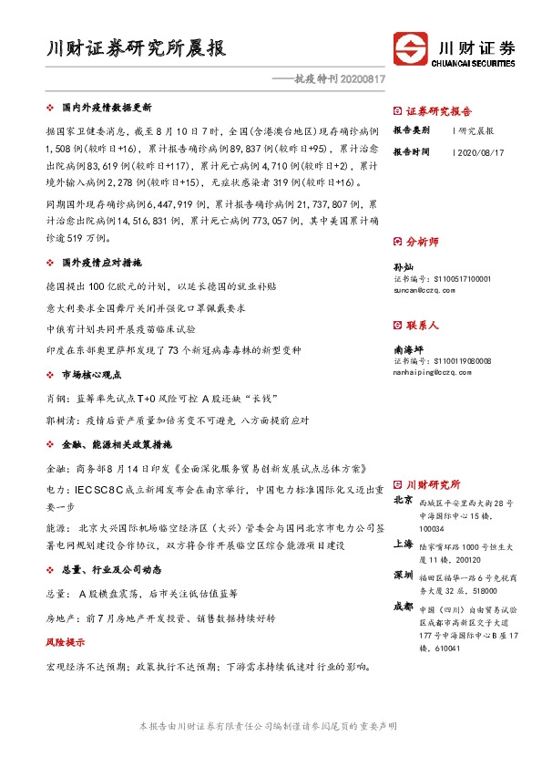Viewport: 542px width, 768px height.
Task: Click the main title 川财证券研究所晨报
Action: [x=136, y=48]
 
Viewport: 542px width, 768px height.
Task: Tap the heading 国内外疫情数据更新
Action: [x=99, y=107]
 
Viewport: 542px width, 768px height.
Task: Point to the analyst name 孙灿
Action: [x=403, y=266]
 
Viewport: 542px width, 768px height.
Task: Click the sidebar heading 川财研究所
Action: [x=433, y=484]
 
